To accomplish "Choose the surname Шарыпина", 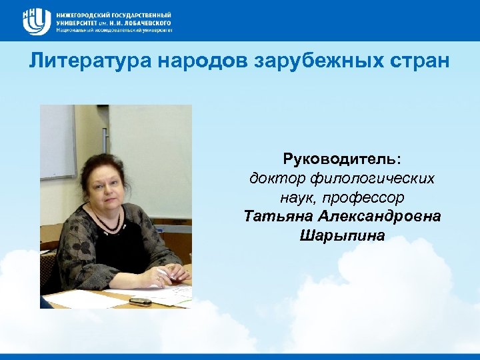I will click(342, 235).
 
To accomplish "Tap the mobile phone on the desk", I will click(140, 301).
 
